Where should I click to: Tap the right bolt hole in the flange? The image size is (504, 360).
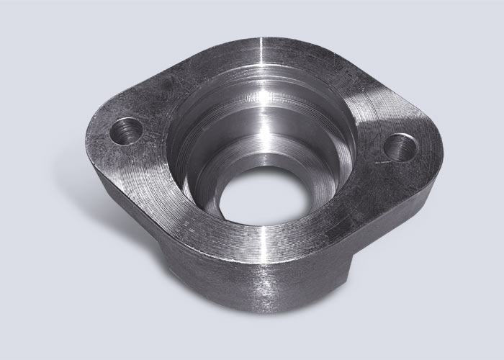398,147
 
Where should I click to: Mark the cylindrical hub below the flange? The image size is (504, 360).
238,288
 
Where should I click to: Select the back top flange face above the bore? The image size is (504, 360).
238,54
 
